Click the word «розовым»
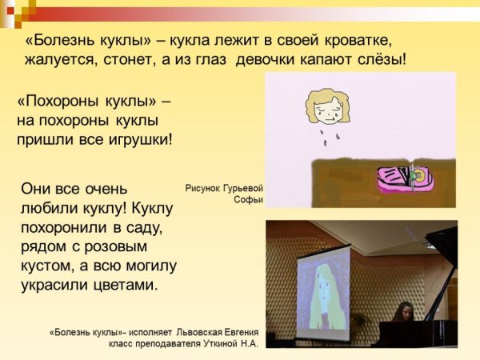pos(136,246)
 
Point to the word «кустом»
pos(47,265)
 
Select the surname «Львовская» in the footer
pos(186,330)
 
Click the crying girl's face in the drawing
pos(327,110)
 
